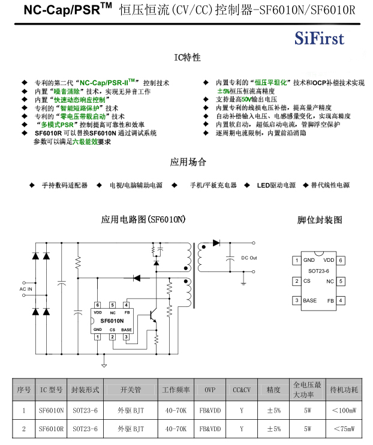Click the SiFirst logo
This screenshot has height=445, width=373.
[319, 39]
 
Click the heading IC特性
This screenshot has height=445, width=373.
[187, 58]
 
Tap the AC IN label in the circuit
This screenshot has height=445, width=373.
[26, 289]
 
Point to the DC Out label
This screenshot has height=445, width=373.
[249, 258]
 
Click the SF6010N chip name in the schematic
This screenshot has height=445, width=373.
[112, 321]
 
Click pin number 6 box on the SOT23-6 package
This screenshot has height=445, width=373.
[341, 261]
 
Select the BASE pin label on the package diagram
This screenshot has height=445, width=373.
[310, 300]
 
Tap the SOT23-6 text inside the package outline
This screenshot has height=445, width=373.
[318, 271]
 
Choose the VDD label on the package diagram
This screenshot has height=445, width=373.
[328, 261]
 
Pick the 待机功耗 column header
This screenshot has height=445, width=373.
[344, 390]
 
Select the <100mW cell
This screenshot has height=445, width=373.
[344, 411]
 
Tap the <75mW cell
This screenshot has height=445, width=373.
[344, 429]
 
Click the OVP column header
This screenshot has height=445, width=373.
[210, 390]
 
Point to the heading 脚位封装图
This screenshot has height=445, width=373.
[320, 220]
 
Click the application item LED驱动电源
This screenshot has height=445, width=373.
[276, 186]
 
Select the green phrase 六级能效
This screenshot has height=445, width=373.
[85, 142]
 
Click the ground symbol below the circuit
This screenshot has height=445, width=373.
[103, 364]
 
